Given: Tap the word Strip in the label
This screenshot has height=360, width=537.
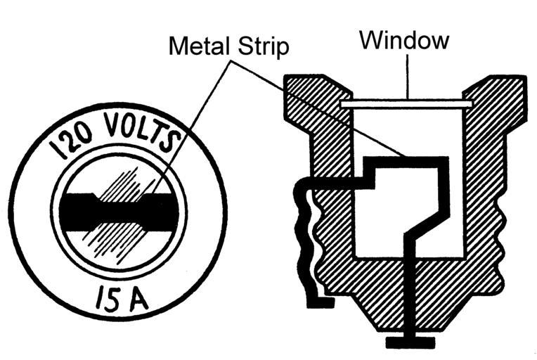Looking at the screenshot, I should (265, 46).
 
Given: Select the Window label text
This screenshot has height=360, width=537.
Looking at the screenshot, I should (404, 40).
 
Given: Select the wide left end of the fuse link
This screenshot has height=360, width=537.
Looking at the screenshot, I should (75, 210).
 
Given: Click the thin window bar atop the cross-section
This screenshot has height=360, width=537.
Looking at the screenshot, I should (406, 105).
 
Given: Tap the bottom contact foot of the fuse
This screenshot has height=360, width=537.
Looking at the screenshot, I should (406, 342).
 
